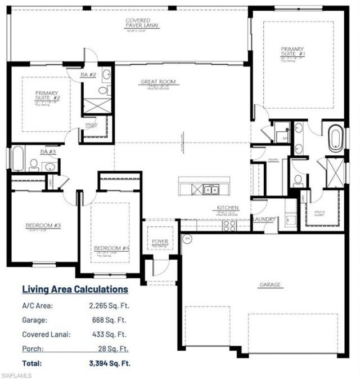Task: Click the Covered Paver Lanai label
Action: tap(141, 23)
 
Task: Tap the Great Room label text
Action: tap(158, 82)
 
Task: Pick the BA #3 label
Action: tap(47, 151)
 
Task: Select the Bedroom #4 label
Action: tap(111, 248)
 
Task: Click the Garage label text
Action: tap(269, 284)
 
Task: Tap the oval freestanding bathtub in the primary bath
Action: tap(336, 139)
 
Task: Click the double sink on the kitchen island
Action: tap(211, 190)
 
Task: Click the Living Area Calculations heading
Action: tap(75, 289)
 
